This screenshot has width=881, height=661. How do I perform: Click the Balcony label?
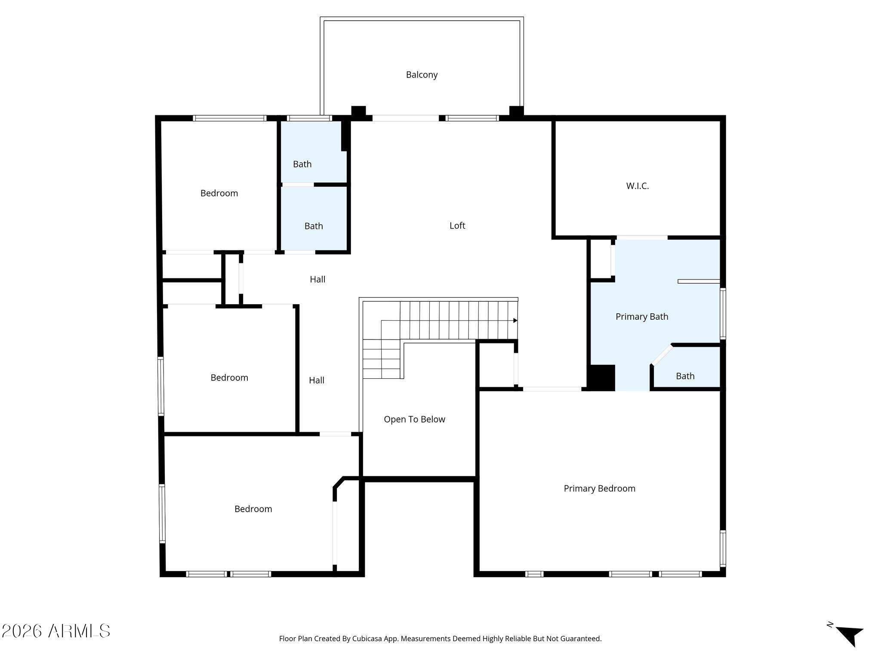(422, 75)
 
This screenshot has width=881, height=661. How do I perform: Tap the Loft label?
(457, 225)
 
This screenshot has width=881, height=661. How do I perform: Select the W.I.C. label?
(637, 186)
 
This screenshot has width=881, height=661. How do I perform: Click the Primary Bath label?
(642, 317)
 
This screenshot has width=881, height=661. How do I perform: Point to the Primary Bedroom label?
(599, 488)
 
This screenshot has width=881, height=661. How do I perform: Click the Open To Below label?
(414, 419)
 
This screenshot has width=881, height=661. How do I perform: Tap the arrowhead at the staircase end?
(515, 321)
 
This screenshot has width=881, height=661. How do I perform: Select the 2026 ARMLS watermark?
(56, 631)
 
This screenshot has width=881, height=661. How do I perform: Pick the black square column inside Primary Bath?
(601, 378)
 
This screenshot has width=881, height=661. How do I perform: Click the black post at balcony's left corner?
(358, 111)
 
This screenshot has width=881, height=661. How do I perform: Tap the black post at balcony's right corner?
(516, 111)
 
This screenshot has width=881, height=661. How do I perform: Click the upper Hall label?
(317, 279)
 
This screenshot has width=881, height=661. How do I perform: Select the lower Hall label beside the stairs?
(317, 380)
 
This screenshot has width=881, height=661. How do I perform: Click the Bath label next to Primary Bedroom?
(685, 376)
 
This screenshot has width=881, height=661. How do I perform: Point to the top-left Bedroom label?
(219, 193)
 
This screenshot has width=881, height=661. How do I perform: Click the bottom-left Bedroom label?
(253, 509)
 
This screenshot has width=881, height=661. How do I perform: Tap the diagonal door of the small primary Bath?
(662, 355)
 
